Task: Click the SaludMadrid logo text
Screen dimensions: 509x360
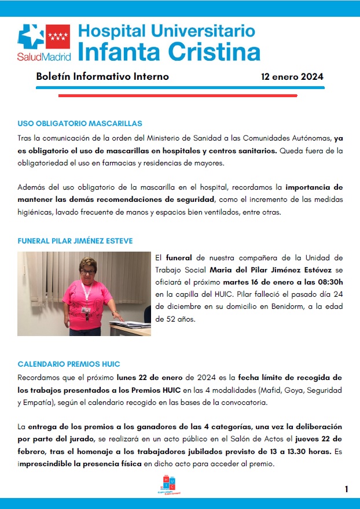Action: click(x=44, y=57)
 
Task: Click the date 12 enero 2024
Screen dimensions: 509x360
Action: click(x=292, y=76)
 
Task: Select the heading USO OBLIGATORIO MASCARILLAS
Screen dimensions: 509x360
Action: click(x=80, y=124)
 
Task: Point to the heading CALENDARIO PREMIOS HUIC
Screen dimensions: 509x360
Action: click(x=69, y=364)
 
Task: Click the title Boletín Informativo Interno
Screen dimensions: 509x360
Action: click(x=102, y=76)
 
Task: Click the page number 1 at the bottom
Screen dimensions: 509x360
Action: click(x=346, y=489)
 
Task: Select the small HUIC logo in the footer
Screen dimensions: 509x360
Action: click(x=170, y=485)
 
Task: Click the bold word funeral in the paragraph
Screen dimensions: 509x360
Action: click(x=179, y=257)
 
